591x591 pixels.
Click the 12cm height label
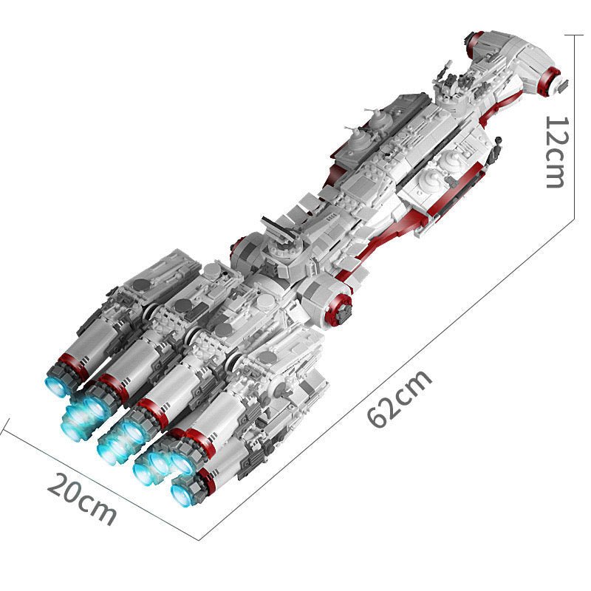coord(556,151)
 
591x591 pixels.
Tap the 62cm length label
coord(400,400)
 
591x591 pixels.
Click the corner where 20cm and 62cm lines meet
coord(199,539)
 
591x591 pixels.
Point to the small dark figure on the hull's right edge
coord(498,140)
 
